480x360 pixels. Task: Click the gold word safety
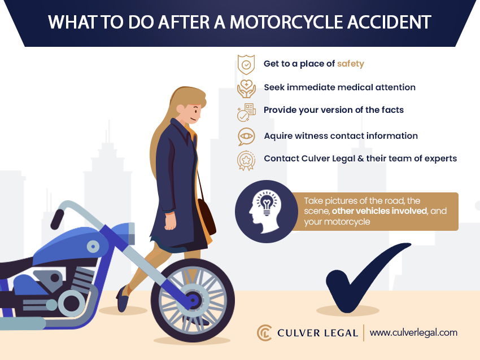(x=351, y=64)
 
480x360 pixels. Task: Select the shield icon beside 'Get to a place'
(x=246, y=64)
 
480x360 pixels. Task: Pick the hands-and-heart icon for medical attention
(x=246, y=89)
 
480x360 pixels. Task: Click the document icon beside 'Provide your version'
(x=246, y=112)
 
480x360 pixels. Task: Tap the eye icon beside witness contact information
(x=246, y=137)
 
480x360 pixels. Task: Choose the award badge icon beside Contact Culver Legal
(x=246, y=160)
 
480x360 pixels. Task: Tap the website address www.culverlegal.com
(x=413, y=333)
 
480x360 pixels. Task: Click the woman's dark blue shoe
(x=122, y=299)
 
